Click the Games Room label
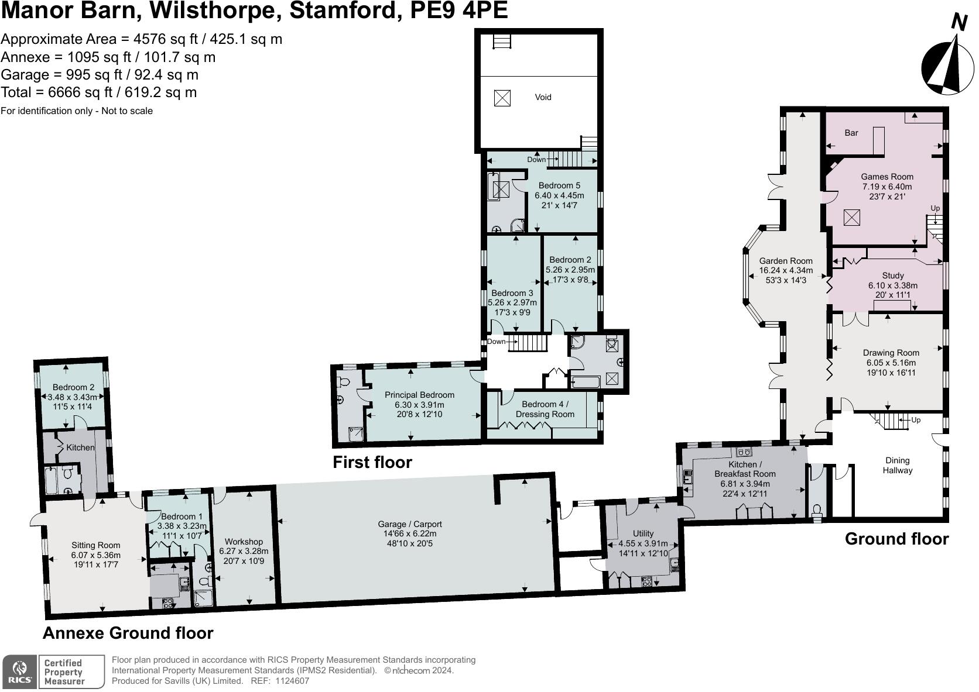(886, 177)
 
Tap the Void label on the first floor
(543, 97)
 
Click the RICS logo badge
(19, 672)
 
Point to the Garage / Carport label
(409, 524)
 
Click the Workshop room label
(244, 542)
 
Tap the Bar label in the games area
(851, 133)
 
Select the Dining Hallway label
(897, 465)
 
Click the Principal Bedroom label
(419, 395)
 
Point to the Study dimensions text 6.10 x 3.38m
(892, 285)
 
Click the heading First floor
(372, 462)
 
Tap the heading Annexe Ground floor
(128, 633)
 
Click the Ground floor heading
(896, 539)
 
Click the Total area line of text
(98, 92)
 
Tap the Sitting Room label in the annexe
(95, 545)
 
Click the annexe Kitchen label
(80, 447)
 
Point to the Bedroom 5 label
(559, 185)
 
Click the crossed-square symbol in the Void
(502, 98)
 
